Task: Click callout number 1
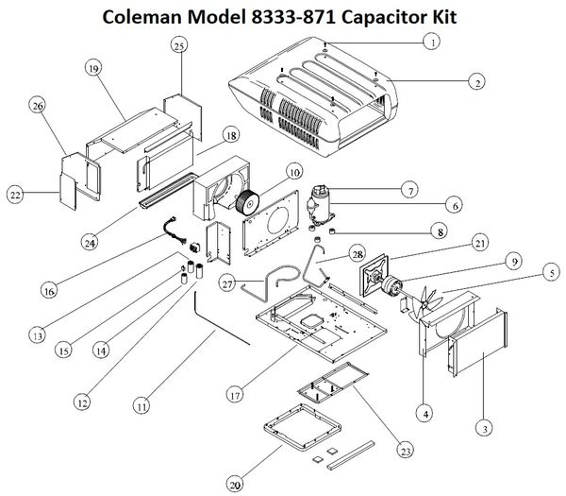coord(431,42)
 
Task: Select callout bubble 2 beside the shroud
coord(479,83)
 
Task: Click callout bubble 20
coord(235,486)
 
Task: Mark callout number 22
coord(15,195)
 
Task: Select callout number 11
coord(141,407)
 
